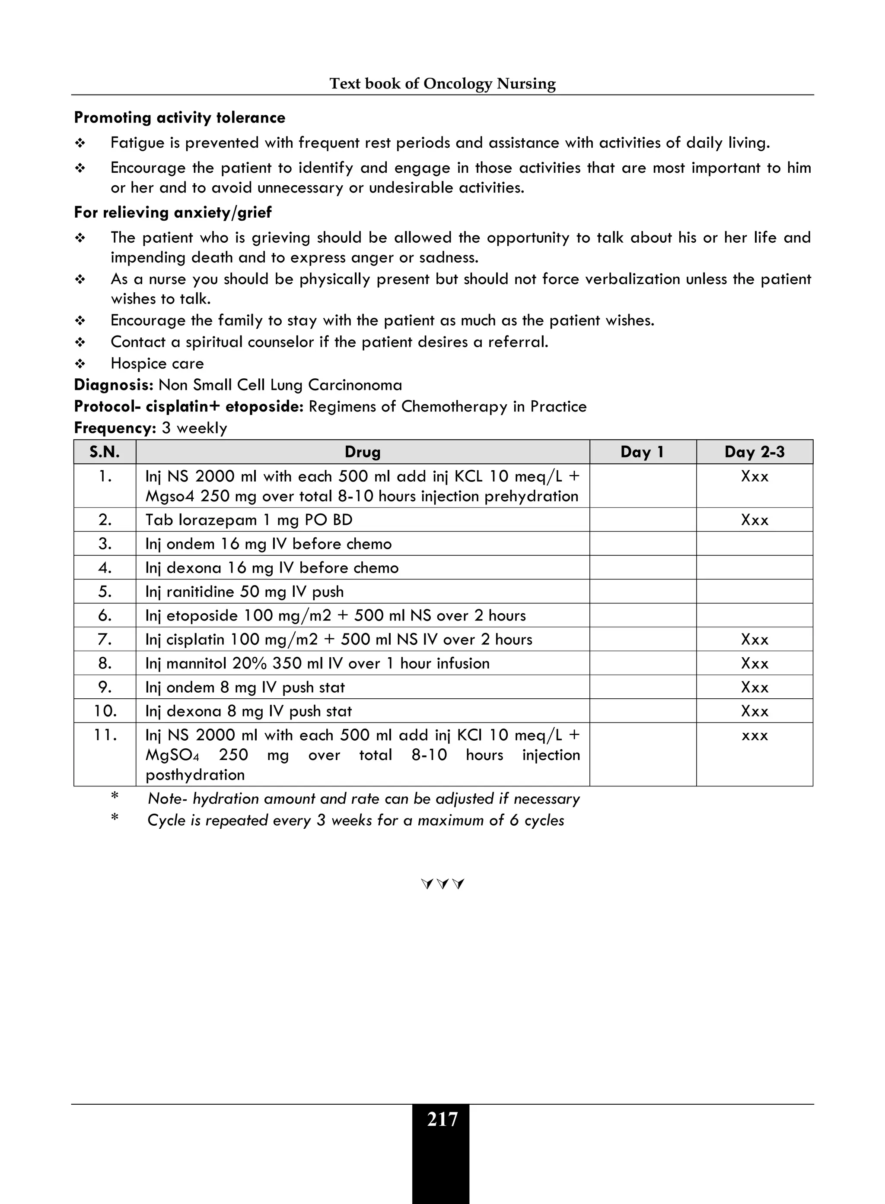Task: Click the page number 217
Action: tap(442, 1119)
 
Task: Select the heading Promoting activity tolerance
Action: tap(179, 118)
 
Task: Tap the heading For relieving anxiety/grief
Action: tap(172, 212)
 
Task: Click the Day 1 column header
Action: tap(642, 452)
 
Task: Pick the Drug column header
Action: tap(362, 452)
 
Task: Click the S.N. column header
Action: tap(105, 452)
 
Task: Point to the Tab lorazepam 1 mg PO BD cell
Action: tap(248, 520)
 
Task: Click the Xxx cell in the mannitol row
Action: tap(754, 663)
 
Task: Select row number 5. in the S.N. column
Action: tap(105, 592)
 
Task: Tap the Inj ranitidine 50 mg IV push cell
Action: tap(244, 592)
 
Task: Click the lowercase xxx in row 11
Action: tap(754, 735)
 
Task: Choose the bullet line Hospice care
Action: tap(157, 364)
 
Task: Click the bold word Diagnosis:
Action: tap(114, 385)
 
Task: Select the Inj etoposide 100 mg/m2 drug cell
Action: tap(335, 616)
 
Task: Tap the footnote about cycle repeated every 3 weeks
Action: tap(356, 820)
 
